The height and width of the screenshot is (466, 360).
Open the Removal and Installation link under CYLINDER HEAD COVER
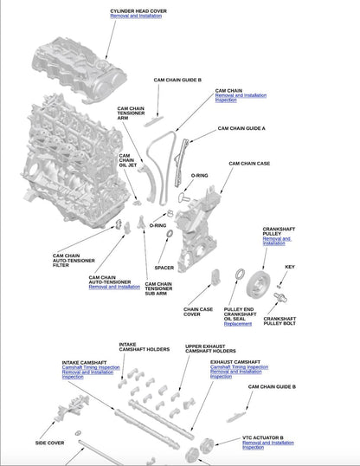point(137,16)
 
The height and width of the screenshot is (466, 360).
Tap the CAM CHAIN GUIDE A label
point(241,128)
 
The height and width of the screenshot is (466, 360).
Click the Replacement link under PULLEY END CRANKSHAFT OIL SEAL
point(238,324)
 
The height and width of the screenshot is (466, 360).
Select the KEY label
point(290,267)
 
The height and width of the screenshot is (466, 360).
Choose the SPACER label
point(164,268)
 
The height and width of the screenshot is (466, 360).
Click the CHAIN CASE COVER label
point(197,312)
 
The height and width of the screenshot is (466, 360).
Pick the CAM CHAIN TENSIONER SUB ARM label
point(157,288)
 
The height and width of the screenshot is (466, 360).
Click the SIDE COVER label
point(49,442)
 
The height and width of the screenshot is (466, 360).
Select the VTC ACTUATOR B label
point(263,437)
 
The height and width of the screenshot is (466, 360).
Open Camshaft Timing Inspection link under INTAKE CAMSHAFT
point(91,367)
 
